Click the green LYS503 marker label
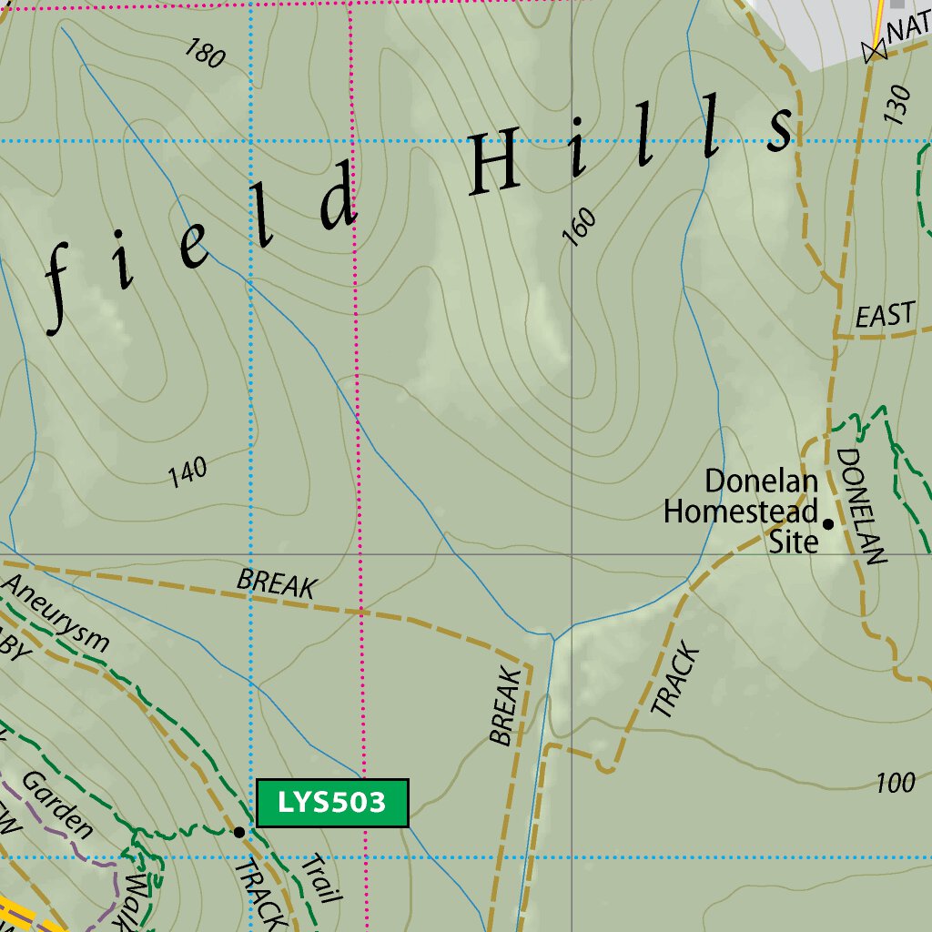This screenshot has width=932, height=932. (332, 803)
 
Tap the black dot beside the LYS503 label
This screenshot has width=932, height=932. (239, 832)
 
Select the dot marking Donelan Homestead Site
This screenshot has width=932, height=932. (828, 524)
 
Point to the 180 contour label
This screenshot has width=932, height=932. (204, 54)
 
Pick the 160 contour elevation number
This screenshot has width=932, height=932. (580, 227)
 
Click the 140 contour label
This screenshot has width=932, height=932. (187, 472)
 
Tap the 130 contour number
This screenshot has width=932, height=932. (896, 106)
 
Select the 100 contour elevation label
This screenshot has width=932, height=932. (896, 783)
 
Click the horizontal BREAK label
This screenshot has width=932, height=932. (276, 583)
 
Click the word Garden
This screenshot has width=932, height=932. (57, 805)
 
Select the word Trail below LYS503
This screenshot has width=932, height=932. (320, 879)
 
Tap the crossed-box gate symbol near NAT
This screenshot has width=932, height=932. (876, 52)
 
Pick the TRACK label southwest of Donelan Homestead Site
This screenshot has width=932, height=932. (675, 683)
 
